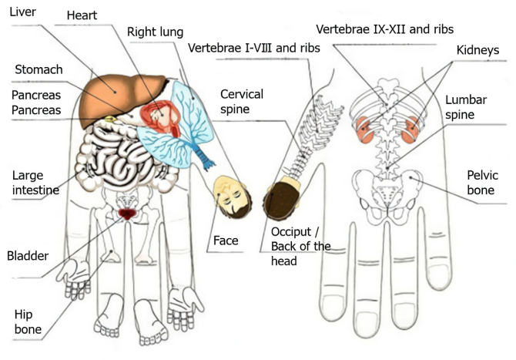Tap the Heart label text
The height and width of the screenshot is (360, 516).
tap(82, 15)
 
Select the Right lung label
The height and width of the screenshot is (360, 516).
tap(156, 33)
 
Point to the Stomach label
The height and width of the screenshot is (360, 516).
tap(38, 70)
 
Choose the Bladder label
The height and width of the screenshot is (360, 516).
tap(28, 256)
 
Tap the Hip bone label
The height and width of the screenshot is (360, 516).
tap(27, 322)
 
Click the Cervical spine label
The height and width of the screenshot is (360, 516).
tap(242, 102)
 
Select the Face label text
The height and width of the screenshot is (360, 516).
tap(226, 241)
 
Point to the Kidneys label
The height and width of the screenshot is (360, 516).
tap(477, 51)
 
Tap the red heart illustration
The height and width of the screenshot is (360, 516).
tap(159, 117)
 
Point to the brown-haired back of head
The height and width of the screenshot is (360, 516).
tap(281, 199)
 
